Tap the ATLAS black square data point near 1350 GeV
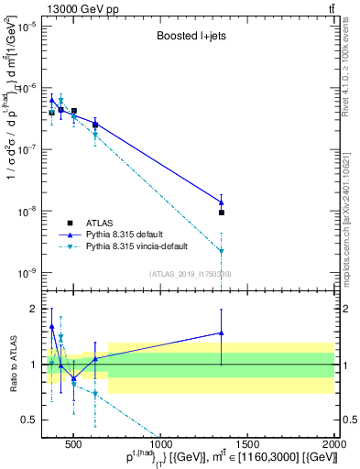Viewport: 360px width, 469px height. pyautogui.click(x=222, y=213)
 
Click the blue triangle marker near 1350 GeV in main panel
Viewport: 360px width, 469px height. pyautogui.click(x=222, y=202)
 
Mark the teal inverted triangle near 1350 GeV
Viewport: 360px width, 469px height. pyautogui.click(x=222, y=251)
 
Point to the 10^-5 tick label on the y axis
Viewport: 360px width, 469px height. pyautogui.click(x=27, y=27)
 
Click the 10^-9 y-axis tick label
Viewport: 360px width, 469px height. pyautogui.click(x=27, y=273)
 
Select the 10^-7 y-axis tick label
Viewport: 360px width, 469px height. pyautogui.click(x=27, y=150)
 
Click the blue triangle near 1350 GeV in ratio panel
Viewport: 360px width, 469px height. pyautogui.click(x=222, y=333)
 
